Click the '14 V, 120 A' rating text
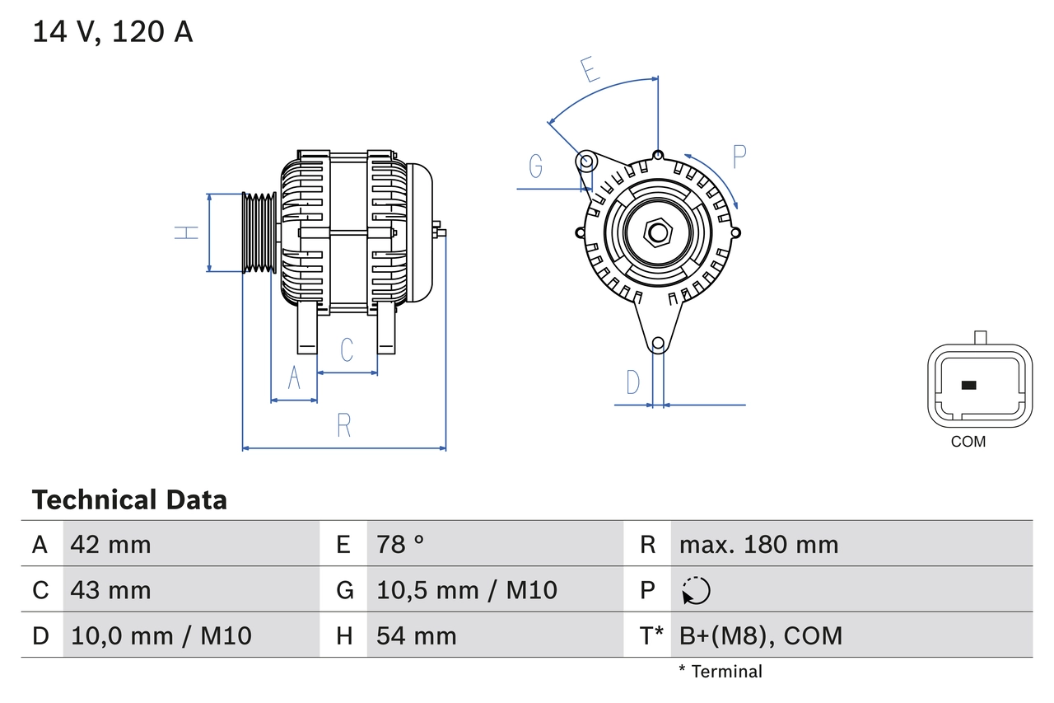[x=113, y=31]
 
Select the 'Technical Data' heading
[x=129, y=499]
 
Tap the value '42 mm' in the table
[x=110, y=544]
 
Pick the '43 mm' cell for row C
[x=110, y=590]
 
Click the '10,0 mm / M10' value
[x=161, y=635]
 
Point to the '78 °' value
[x=400, y=544]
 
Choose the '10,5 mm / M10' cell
[x=467, y=590]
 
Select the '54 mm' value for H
[x=416, y=635]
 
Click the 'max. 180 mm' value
[x=758, y=544]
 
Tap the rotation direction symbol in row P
[x=696, y=590]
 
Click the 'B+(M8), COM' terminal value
[x=761, y=635]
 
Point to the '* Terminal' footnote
[x=721, y=672]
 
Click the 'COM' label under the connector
[x=968, y=442]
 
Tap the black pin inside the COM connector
[x=969, y=385]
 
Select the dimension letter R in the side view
[x=344, y=425]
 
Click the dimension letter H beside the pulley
[x=189, y=232]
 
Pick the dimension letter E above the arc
[x=590, y=70]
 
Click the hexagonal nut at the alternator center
[x=657, y=232]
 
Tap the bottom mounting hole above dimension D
[x=658, y=344]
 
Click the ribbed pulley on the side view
[x=259, y=232]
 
